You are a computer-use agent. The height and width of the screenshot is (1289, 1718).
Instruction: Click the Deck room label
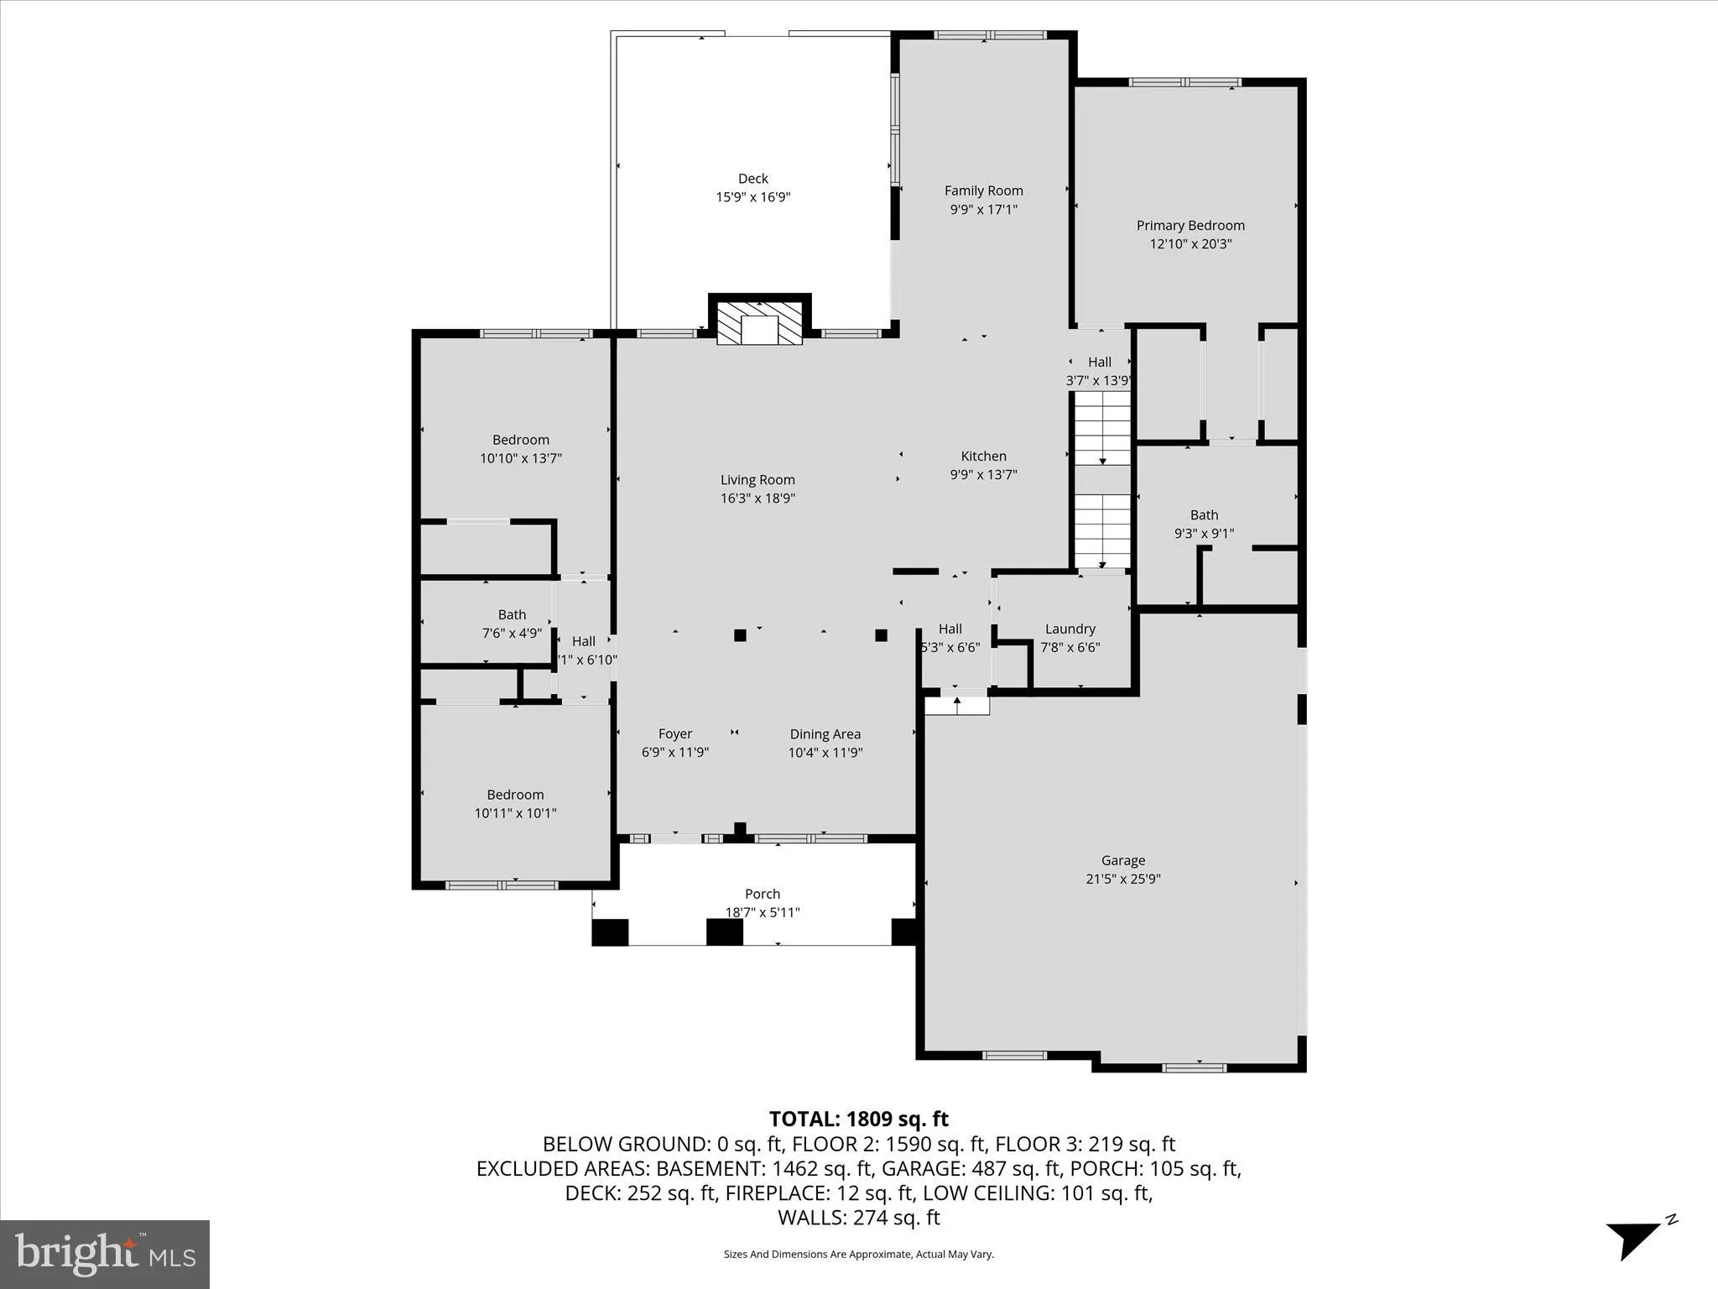(x=752, y=178)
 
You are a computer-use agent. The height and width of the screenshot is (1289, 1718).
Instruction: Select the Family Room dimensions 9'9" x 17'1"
(x=983, y=210)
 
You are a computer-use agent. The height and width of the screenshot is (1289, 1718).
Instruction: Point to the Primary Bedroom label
(x=1190, y=225)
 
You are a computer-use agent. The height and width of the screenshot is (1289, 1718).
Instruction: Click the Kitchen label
(x=983, y=456)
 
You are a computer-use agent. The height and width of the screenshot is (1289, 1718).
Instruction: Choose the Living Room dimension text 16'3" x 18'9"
(x=757, y=498)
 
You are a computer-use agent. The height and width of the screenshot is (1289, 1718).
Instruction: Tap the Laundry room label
(x=1070, y=629)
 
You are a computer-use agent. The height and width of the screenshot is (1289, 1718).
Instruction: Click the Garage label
(x=1122, y=860)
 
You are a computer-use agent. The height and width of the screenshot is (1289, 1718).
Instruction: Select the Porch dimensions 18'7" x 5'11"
(x=762, y=912)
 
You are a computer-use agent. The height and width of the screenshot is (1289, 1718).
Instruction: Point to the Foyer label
(x=674, y=733)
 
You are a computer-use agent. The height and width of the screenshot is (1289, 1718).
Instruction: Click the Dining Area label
(x=825, y=733)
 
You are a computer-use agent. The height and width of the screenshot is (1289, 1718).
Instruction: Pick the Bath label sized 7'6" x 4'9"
(x=512, y=614)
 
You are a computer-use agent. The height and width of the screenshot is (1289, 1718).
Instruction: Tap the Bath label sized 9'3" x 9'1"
(x=1203, y=514)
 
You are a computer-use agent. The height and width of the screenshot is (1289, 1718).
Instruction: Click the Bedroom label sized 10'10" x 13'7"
(x=520, y=440)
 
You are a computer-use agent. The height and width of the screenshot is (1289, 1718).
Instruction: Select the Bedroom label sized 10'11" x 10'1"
(x=515, y=795)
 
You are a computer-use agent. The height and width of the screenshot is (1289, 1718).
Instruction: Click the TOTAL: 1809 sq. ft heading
(x=858, y=1119)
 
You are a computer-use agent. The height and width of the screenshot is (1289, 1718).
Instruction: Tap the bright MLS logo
(x=105, y=1254)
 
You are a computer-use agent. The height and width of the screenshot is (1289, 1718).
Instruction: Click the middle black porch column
(x=724, y=932)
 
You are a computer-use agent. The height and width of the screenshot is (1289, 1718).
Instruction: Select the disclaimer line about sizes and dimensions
(x=858, y=1255)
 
